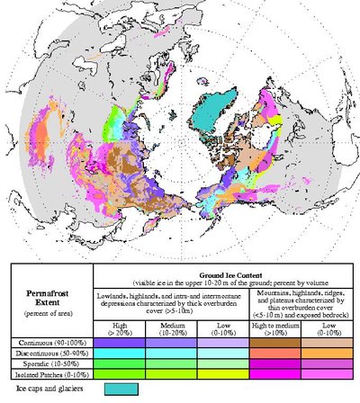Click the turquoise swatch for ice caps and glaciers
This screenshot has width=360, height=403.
(x=121, y=389)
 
